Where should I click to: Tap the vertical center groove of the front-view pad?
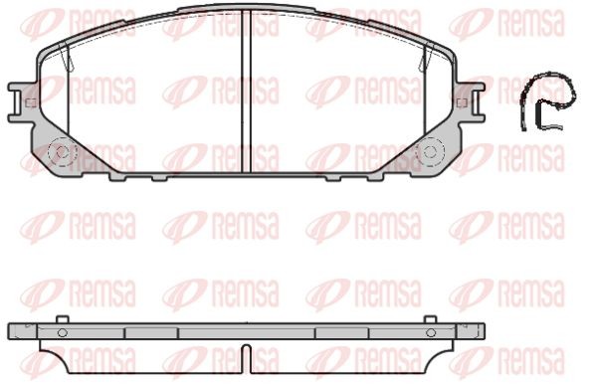246,91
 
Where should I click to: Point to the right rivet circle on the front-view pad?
430,152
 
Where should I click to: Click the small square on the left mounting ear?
30,102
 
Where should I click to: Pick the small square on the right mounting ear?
462,102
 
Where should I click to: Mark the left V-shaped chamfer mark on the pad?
67,56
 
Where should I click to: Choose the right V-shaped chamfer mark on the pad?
426,57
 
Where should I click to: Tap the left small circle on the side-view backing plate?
63,332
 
